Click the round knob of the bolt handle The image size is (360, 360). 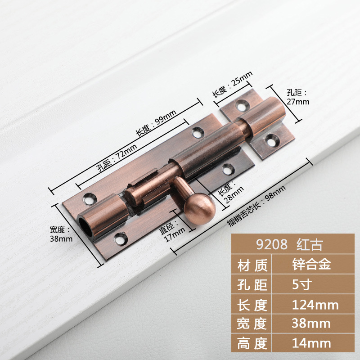tap(199, 208)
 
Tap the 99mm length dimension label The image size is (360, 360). tap(156, 123)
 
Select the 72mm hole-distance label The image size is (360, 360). tap(117, 158)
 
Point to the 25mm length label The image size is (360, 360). tap(232, 84)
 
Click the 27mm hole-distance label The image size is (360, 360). tap(298, 97)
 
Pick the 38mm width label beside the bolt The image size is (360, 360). tap(61, 234)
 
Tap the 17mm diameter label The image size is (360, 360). tap(172, 231)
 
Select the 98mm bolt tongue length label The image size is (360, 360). tap(256, 206)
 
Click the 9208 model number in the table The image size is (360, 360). tap(272, 244)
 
